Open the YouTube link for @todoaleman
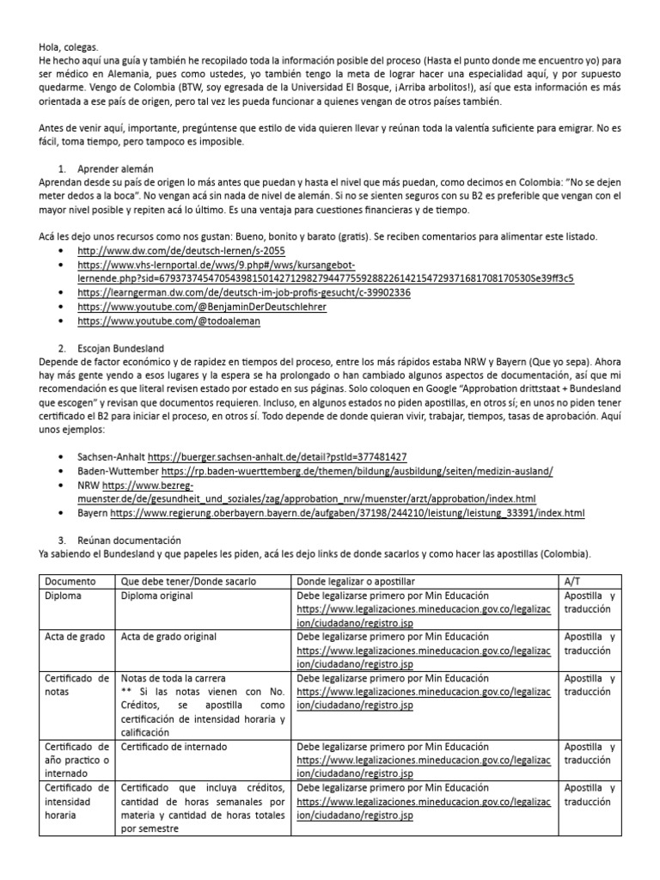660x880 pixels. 168,321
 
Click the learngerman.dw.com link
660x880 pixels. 243,292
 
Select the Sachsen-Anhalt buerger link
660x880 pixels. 278,456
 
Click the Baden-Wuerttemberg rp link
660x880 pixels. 357,471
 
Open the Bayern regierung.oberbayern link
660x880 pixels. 347,513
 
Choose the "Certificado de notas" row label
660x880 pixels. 76,686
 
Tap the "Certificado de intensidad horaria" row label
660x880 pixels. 76,802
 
